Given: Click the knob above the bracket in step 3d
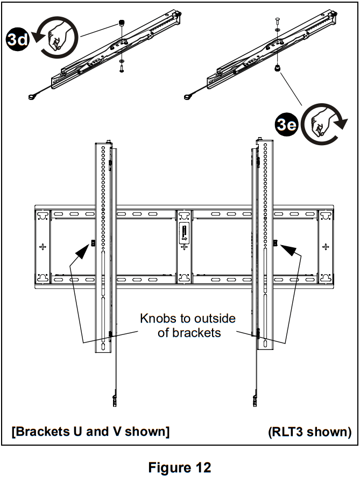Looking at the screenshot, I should pyautogui.click(x=122, y=24).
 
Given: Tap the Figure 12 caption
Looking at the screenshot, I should pyautogui.click(x=180, y=467).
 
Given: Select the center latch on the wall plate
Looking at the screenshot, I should pyautogui.click(x=184, y=234).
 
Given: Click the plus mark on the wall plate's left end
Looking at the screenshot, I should pyautogui.click(x=43, y=246).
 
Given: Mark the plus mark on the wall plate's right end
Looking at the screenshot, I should pyautogui.click(x=325, y=246).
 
